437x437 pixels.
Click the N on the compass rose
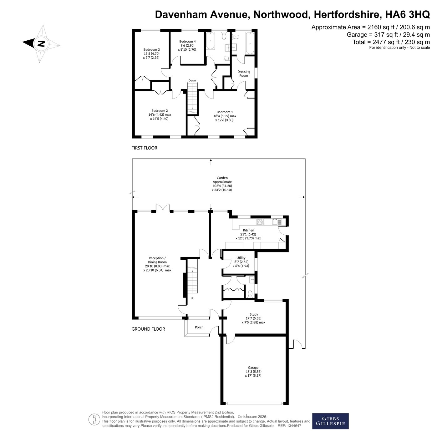coord(41,43)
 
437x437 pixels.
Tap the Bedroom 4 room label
coord(187,41)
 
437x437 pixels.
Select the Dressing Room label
coord(244,74)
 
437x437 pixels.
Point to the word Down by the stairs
coord(192,80)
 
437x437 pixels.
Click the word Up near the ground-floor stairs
coord(192,298)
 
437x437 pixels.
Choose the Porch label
coord(199,327)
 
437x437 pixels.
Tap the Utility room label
coord(241,258)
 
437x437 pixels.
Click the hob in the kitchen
coord(260,221)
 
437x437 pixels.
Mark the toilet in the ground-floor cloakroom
coord(250,294)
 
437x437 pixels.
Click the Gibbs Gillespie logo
coord(330,421)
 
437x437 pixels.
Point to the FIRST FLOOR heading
coord(144,148)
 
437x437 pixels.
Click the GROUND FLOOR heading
coord(148,329)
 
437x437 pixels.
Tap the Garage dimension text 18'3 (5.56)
coord(253,371)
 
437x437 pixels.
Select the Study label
coord(254,314)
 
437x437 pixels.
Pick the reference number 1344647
coord(294,426)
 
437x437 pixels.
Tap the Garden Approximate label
coord(222,180)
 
